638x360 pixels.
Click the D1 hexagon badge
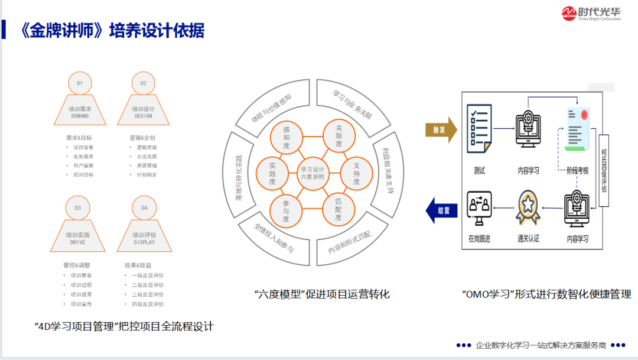80,83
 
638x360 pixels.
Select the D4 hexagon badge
144,208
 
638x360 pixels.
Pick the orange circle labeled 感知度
286,138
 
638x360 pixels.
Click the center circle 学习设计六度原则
312,173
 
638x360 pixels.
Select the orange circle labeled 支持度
357,173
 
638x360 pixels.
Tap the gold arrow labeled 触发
441,130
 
